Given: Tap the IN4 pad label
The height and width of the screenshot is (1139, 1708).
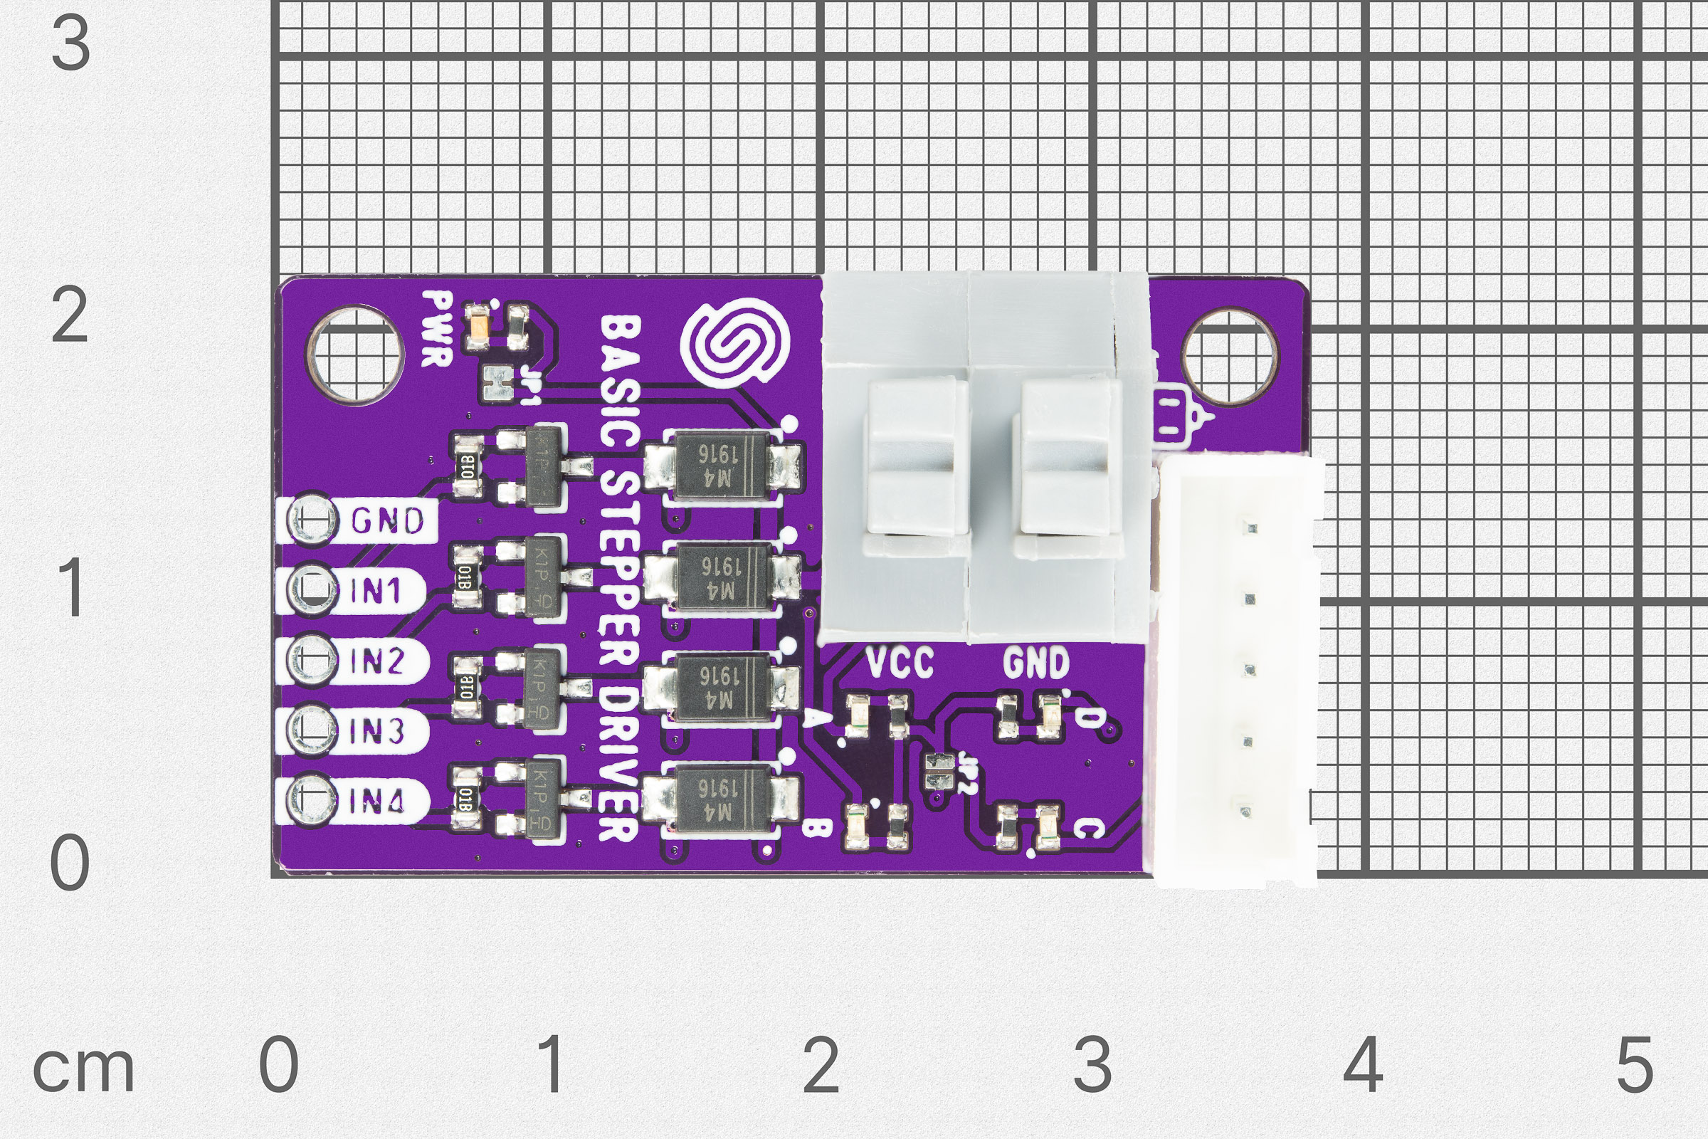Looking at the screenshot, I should coord(376,802).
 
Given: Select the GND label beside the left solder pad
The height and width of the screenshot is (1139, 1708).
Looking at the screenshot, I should coord(387,521).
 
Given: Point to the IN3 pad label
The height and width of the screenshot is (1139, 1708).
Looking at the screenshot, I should coord(376,732).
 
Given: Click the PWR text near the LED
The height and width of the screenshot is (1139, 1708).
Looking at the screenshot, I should coord(438,328).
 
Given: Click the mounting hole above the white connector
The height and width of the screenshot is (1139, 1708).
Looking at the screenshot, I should coord(1230,357).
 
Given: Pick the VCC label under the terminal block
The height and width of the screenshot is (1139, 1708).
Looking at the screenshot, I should coord(900,663).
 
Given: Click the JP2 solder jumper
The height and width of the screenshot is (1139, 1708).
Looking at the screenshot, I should coord(941,771).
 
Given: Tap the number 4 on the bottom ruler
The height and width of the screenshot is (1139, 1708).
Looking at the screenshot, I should coord(1362,1065).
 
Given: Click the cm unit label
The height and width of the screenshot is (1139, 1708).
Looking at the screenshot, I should coord(83,1069).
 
